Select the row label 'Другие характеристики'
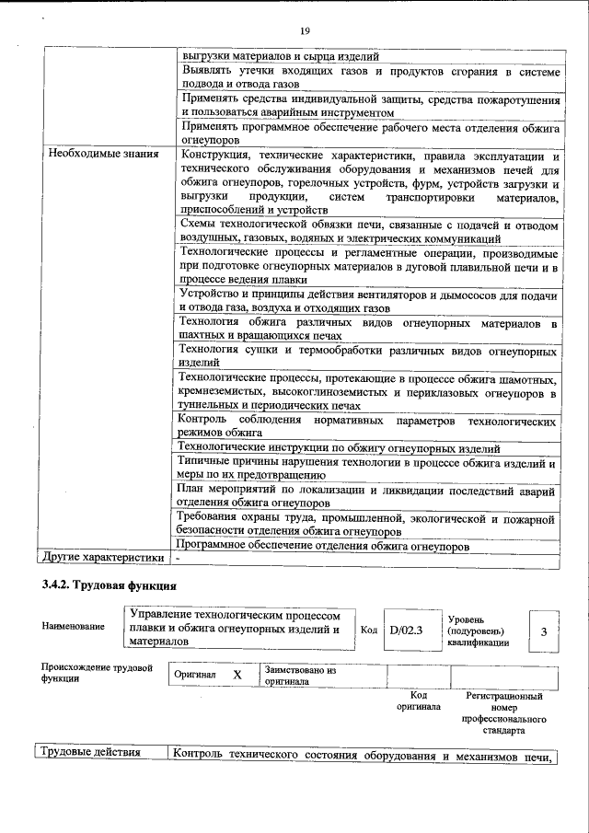101,558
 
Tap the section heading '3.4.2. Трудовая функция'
109,586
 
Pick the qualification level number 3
543,631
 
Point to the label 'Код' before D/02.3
368,631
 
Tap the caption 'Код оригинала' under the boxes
418,701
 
